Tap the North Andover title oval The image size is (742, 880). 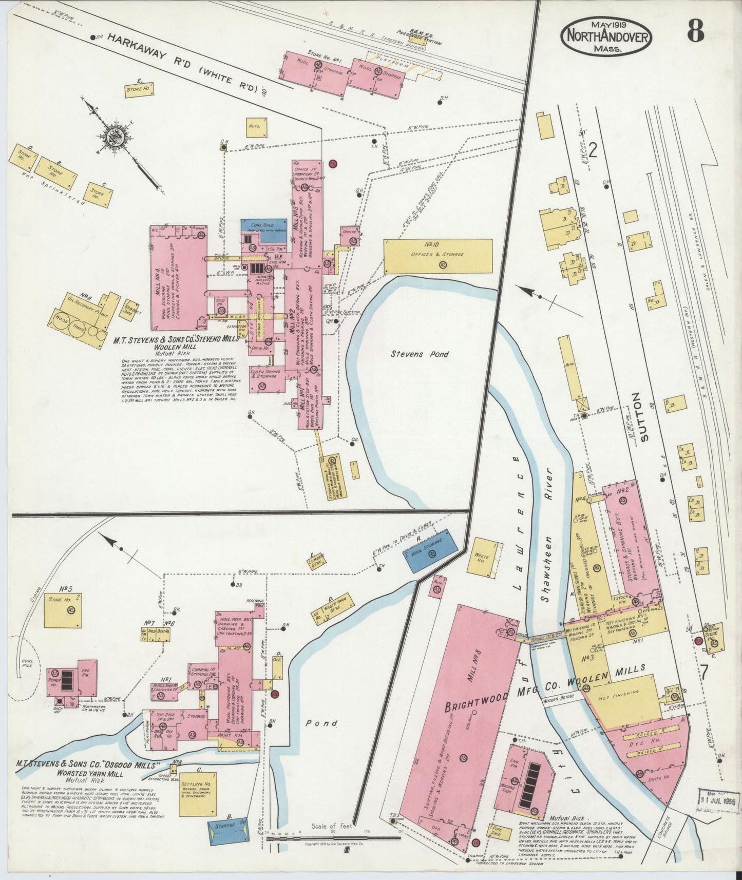pos(606,36)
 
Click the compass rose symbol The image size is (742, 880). pos(112,136)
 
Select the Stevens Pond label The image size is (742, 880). pos(420,354)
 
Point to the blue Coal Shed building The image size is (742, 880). pos(264,225)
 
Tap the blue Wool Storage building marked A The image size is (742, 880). pos(432,551)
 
